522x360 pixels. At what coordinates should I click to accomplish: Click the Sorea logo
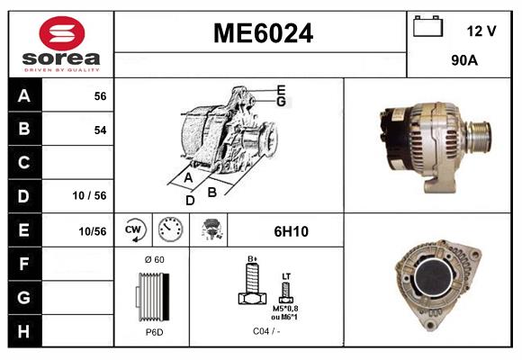coord(60,43)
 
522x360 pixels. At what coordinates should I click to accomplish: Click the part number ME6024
coord(262,34)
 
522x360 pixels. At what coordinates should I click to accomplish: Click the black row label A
coord(24,96)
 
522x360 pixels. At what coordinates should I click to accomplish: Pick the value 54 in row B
coord(100,130)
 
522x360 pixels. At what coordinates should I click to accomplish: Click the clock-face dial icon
coord(170,231)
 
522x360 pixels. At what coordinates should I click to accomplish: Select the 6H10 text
coord(290,231)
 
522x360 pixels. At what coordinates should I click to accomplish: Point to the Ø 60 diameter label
coord(153,260)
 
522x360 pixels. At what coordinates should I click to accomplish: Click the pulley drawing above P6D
coord(153,297)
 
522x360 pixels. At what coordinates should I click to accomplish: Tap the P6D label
coord(153,332)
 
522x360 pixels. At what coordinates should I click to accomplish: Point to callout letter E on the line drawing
coord(281,89)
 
